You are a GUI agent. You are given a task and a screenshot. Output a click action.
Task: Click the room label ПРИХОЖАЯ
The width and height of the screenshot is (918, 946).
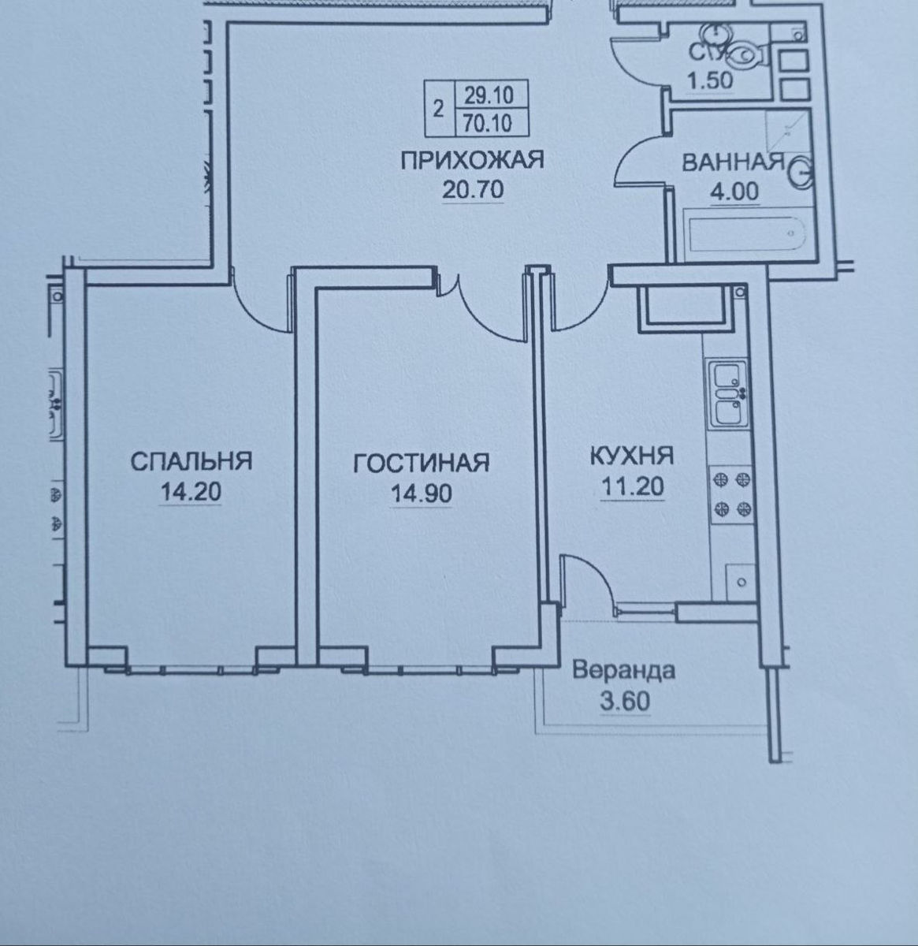[x=472, y=160]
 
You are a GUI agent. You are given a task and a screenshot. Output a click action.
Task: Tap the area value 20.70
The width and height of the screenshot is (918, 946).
[x=472, y=189]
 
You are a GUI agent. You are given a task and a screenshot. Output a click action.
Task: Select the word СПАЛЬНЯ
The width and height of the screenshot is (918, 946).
[x=191, y=461]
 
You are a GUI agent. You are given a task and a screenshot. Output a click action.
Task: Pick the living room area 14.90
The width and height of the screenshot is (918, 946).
[x=422, y=493]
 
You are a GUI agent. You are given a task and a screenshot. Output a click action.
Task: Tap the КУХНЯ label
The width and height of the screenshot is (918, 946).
[x=632, y=456]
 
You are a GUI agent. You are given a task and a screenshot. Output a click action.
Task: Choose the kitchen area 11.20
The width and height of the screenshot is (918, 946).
[x=632, y=486]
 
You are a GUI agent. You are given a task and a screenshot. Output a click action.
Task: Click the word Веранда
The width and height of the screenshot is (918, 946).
[x=623, y=670]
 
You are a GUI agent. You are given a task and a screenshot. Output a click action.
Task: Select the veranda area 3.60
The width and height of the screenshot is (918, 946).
[x=625, y=701]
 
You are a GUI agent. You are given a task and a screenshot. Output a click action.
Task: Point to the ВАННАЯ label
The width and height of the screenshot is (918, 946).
[x=733, y=162]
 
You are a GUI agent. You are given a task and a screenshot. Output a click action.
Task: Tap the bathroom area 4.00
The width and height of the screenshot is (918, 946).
[x=734, y=192]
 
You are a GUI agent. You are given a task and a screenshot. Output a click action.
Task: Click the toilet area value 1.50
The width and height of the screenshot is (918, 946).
[x=709, y=80]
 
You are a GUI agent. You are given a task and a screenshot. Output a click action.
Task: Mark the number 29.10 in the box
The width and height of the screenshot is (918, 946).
[x=489, y=95]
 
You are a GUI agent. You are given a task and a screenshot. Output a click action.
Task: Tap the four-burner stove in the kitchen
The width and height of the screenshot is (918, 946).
[x=731, y=494]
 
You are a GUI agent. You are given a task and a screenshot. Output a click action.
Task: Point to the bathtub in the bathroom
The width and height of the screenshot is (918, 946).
[x=749, y=234]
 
